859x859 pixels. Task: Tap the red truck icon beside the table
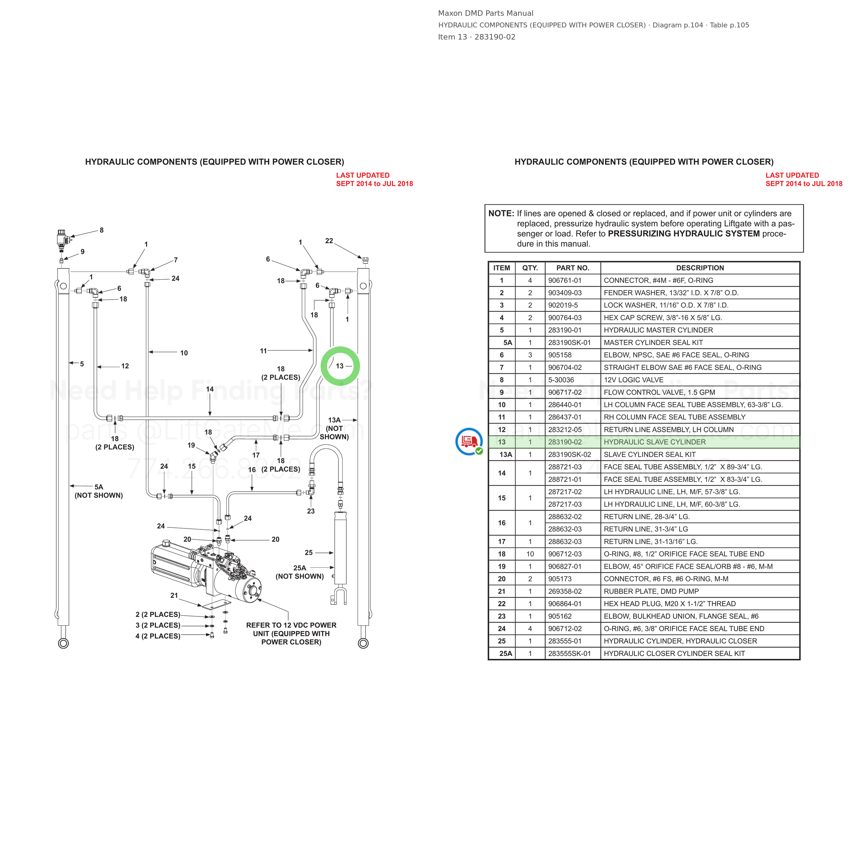pos(469,442)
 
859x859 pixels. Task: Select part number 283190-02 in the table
pos(565,442)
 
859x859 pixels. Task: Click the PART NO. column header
pos(573,268)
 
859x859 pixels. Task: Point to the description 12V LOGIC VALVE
pos(633,380)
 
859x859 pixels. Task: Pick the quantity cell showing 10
pos(530,554)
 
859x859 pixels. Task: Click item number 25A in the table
pos(505,654)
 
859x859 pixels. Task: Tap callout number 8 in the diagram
pos(101,230)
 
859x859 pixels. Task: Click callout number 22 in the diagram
pos(329,241)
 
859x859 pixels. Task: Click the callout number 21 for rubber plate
pos(174,595)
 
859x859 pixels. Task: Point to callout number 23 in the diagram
pos(311,511)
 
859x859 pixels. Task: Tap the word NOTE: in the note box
pos(501,213)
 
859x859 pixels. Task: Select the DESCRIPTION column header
pos(700,268)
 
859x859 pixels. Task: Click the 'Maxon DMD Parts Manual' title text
pos(486,13)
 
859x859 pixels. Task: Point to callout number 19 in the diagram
pos(191,445)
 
